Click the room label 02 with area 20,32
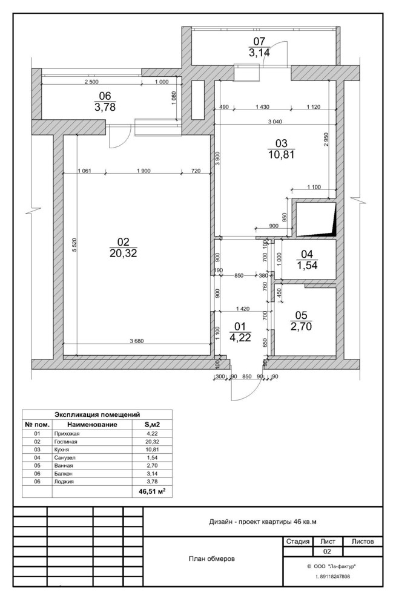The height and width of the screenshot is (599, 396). click(x=124, y=247)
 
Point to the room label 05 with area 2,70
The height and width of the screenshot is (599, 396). click(x=302, y=321)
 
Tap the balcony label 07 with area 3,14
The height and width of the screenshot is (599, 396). click(x=259, y=47)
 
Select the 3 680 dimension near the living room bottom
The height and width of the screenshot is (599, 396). click(x=137, y=341)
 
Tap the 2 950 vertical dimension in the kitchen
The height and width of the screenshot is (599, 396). click(x=326, y=140)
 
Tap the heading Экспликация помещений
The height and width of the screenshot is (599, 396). click(x=97, y=414)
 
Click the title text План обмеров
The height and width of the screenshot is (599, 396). click(x=213, y=558)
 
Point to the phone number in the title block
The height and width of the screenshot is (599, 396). click(x=332, y=577)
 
